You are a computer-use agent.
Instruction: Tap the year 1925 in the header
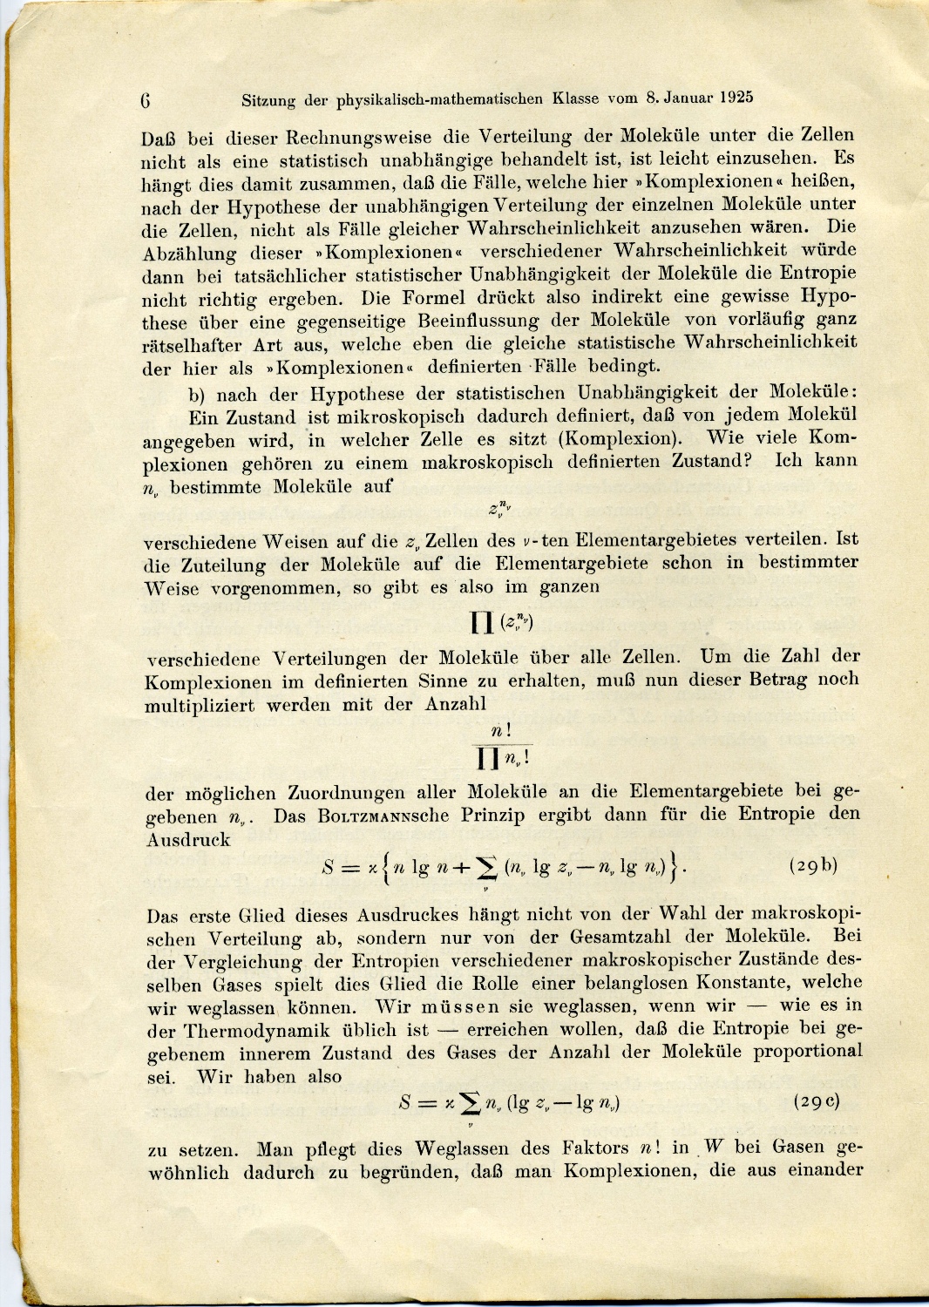tap(736, 98)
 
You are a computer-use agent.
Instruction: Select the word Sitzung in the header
tap(268, 100)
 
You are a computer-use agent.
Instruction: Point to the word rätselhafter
tap(192, 345)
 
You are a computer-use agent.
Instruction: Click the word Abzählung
tap(189, 254)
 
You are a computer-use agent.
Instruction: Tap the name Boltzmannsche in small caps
tap(383, 816)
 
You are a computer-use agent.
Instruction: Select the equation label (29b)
tap(813, 865)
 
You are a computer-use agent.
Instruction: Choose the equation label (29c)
tap(817, 1100)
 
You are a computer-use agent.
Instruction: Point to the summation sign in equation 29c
tap(471, 1104)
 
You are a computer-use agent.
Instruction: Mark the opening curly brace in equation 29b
tap(383, 868)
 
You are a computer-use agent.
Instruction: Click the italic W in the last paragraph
tap(714, 1147)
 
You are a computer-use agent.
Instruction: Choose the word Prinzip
tap(494, 816)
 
